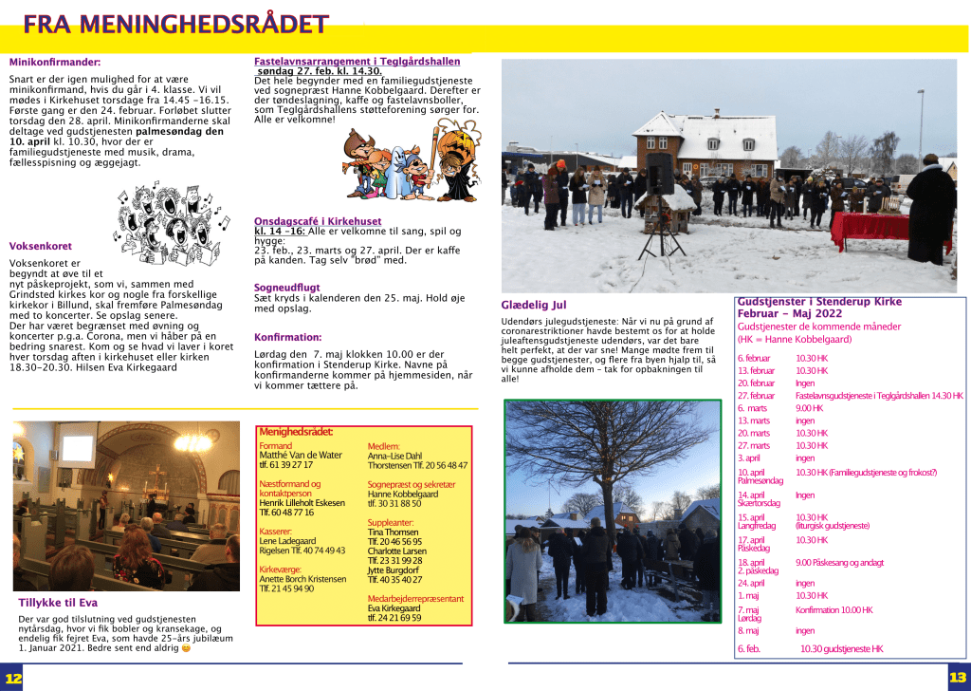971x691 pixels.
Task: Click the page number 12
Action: pos(12,678)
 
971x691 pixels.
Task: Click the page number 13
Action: pos(957,678)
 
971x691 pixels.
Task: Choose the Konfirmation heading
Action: pos(287,337)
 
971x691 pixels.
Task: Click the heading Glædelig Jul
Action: pos(533,306)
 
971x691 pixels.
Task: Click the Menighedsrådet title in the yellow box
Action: pos(296,433)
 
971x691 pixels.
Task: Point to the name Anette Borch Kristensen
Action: pos(302,579)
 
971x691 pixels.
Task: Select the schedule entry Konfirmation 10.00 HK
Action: pos(834,610)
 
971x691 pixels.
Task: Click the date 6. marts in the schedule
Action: pos(752,408)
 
